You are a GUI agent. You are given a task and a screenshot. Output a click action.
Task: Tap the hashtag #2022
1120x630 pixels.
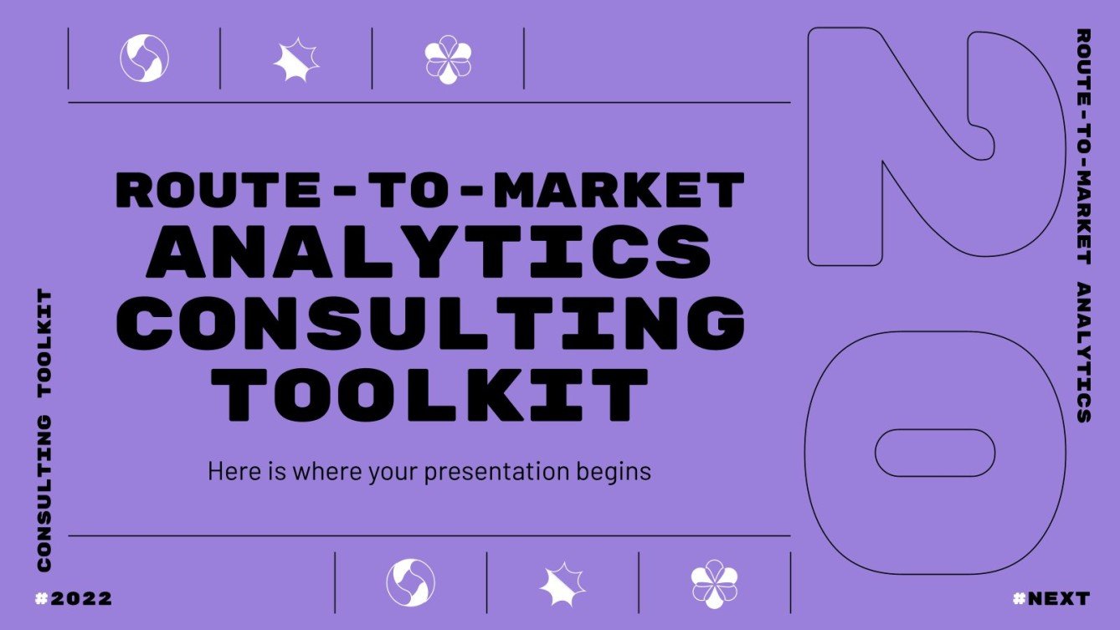click(x=74, y=599)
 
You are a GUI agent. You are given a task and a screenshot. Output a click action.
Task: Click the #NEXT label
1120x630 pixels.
click(x=1051, y=599)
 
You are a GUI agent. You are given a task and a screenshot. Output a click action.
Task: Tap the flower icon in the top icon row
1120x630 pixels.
click(x=448, y=59)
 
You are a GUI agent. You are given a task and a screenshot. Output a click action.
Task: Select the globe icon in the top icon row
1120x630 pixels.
click(x=144, y=58)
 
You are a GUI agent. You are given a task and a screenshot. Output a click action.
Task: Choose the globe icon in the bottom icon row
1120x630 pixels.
click(x=410, y=582)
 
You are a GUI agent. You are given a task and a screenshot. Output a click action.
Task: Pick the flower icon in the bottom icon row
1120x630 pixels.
click(x=714, y=582)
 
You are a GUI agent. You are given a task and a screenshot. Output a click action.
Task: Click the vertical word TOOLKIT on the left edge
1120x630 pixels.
click(x=44, y=343)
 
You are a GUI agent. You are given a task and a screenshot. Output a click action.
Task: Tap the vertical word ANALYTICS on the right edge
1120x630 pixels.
click(x=1082, y=352)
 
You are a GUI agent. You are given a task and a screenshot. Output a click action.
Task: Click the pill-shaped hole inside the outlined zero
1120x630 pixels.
click(x=935, y=453)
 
